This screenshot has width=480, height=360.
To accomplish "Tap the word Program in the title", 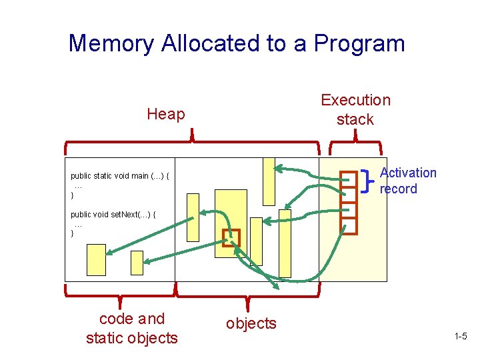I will tap(359, 44).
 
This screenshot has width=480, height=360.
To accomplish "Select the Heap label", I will tap(165, 114).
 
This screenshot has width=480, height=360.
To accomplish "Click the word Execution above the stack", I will tap(355, 100).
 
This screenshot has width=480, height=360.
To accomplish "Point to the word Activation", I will tap(408, 173).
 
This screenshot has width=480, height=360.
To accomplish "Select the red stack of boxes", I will tap(349, 203).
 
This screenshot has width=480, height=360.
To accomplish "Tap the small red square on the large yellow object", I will tap(231, 237).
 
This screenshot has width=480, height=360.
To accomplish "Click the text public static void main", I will tap(120, 176).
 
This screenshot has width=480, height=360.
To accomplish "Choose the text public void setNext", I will tap(113, 215).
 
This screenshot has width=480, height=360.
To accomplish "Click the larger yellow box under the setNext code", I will tap(97, 260).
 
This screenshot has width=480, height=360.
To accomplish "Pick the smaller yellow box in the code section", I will tap(137, 262).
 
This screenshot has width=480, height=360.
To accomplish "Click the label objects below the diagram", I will tap(251, 323).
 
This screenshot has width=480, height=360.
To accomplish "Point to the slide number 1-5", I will tap(460, 337).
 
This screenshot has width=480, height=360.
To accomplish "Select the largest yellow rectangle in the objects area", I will tap(231, 223).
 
